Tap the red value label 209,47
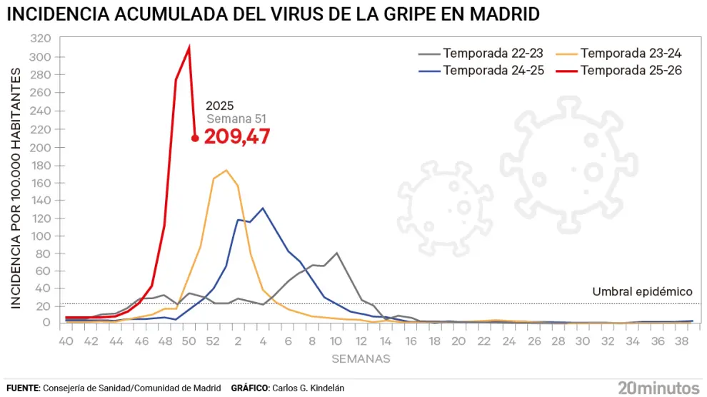tap(237, 136)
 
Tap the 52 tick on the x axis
tap(213, 342)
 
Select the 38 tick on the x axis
tap(681, 342)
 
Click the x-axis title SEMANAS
tap(361, 359)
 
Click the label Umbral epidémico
tap(642, 291)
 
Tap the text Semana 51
tap(237, 119)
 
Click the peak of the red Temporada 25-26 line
tap(189, 47)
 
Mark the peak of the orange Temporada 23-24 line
tap(226, 170)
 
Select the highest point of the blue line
tap(263, 208)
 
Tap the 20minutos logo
tap(658, 388)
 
